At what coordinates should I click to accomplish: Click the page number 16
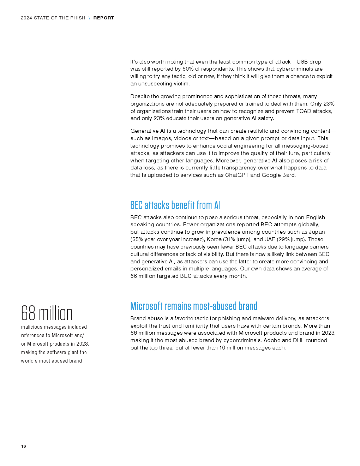click(x=23, y=446)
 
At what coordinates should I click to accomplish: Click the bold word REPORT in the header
click(x=104, y=18)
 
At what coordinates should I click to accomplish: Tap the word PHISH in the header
click(x=78, y=18)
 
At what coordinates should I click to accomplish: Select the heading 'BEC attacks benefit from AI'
click(x=175, y=205)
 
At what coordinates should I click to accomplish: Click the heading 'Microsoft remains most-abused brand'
click(x=194, y=306)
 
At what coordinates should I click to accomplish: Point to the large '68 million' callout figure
click(x=47, y=313)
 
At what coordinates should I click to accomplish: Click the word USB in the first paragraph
click(x=302, y=62)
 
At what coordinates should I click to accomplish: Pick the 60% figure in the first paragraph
click(x=188, y=69)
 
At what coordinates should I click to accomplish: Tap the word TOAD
click(x=304, y=111)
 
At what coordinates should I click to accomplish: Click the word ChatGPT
click(x=237, y=175)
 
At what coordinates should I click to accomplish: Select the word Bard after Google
click(x=289, y=175)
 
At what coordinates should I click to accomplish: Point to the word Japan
click(x=317, y=232)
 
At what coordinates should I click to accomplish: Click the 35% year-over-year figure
click(x=137, y=239)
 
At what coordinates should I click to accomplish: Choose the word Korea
click(x=214, y=239)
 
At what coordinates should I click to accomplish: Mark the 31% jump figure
click(x=229, y=239)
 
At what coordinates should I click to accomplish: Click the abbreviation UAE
click(x=270, y=239)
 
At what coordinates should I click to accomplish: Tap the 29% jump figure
click(x=283, y=239)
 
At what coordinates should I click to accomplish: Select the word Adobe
click(x=272, y=340)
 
